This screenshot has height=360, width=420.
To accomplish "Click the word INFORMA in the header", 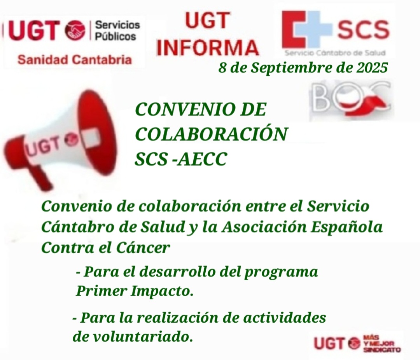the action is click(208, 47).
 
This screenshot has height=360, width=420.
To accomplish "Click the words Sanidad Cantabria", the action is click(74, 60).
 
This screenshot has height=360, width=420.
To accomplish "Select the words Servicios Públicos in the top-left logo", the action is click(117, 31).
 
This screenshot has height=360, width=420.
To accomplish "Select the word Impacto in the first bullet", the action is click(162, 291).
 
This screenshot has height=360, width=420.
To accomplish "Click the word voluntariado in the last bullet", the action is click(142, 336).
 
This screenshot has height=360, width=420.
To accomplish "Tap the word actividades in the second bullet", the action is click(285, 318).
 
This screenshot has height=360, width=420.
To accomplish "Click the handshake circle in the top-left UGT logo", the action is click(75, 30).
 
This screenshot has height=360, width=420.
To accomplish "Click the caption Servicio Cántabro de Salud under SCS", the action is click(335, 53).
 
